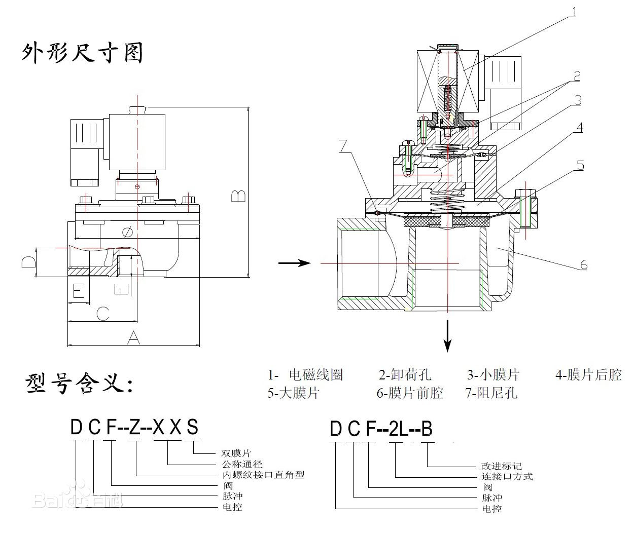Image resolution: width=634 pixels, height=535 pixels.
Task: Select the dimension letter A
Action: click(x=133, y=337)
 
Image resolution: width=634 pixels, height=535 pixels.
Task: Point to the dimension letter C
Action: click(x=102, y=314)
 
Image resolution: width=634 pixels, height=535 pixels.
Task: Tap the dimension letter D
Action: click(x=28, y=262)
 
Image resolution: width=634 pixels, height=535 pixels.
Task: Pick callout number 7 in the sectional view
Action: click(x=344, y=146)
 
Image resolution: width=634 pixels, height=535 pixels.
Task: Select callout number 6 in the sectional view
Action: click(x=583, y=264)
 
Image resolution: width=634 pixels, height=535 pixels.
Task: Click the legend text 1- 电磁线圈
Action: click(x=306, y=375)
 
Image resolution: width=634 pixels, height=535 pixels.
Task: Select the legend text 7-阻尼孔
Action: click(x=491, y=393)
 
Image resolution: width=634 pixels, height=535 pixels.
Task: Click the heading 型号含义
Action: click(x=79, y=384)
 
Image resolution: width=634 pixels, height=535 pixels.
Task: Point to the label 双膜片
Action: click(x=236, y=453)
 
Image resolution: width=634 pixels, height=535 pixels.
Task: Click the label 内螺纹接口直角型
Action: click(x=264, y=475)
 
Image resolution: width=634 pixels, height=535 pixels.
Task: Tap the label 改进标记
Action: click(x=501, y=466)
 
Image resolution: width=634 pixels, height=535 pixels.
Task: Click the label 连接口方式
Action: click(x=507, y=476)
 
